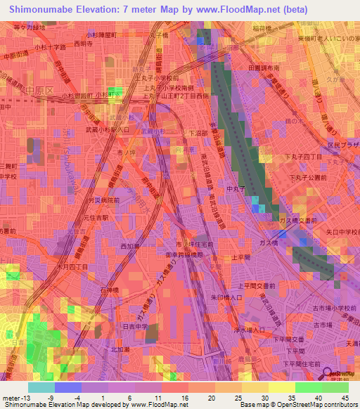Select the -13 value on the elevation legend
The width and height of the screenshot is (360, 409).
[x=18, y=397]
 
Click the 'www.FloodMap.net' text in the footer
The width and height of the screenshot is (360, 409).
[x=163, y=405]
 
